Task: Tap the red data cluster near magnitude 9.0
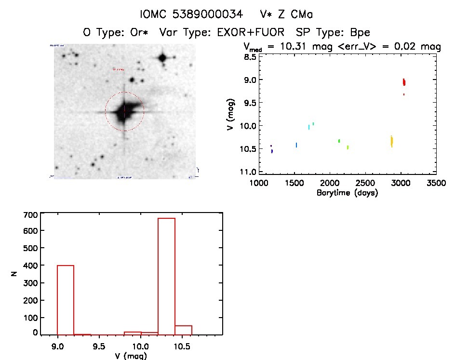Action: coord(404,82)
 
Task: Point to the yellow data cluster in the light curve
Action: coord(391,141)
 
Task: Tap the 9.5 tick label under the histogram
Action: coord(99,346)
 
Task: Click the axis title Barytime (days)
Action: coord(347,193)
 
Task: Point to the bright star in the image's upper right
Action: coord(162,58)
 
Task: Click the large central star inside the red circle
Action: coord(124,112)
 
